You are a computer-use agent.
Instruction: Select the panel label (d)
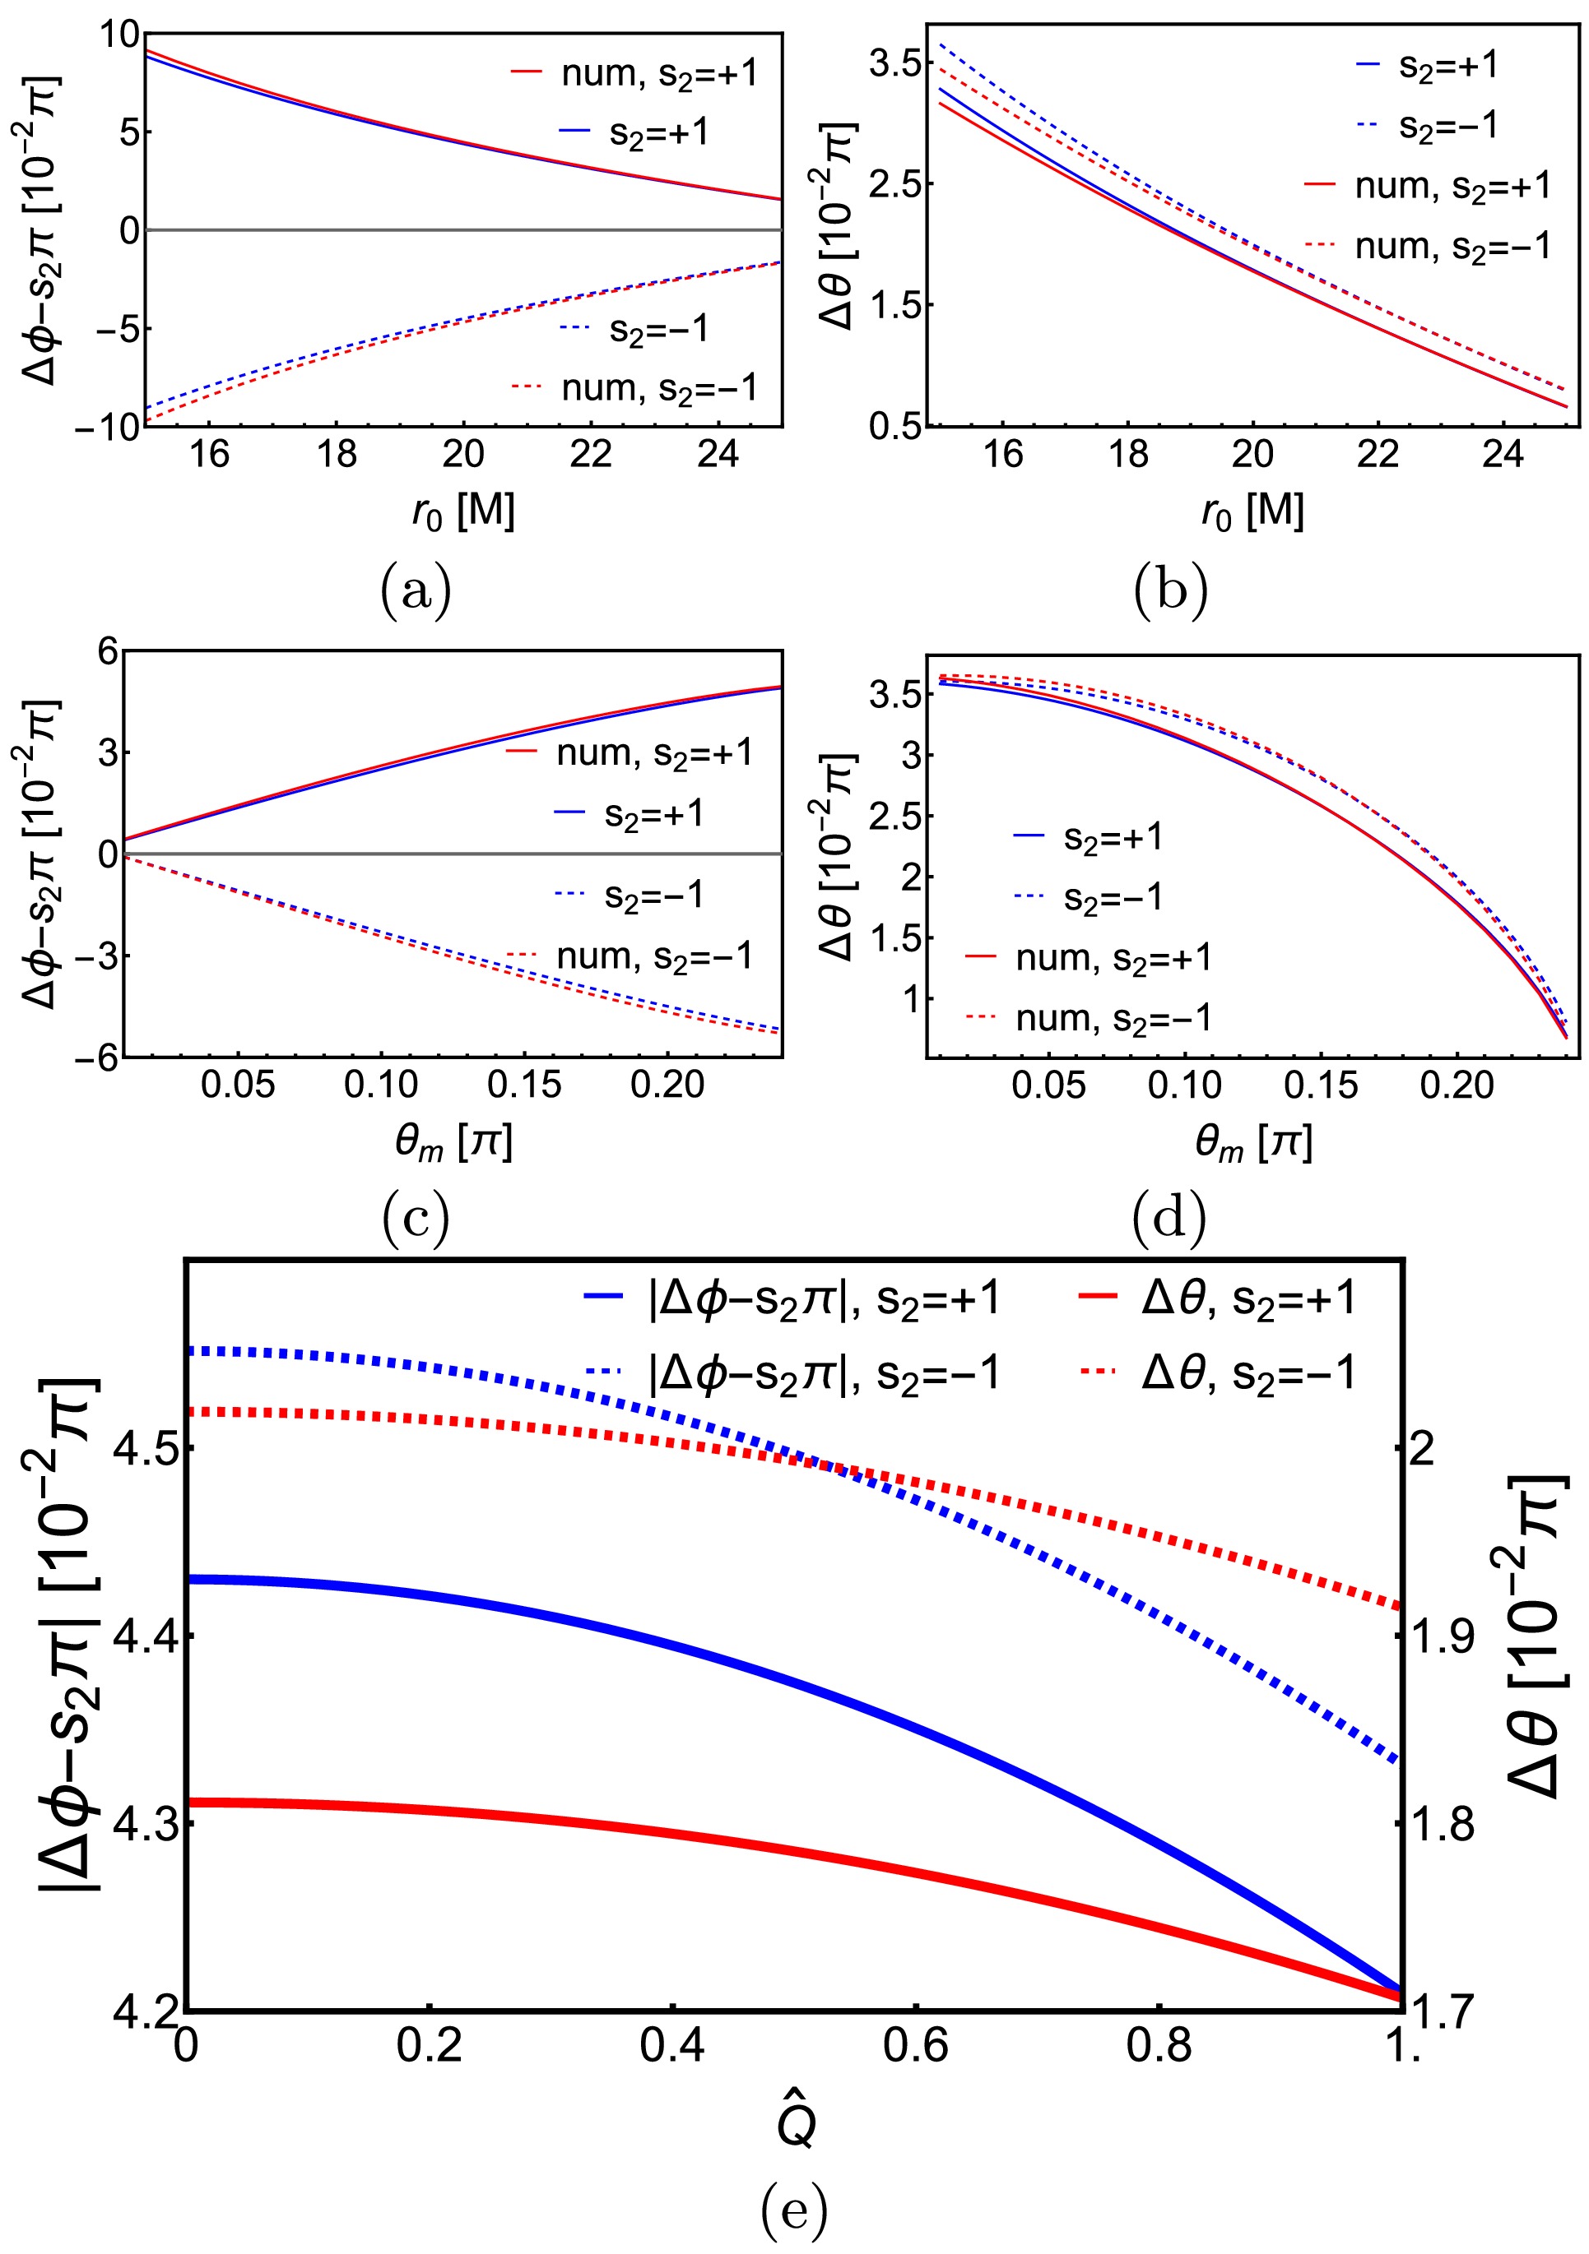click(1169, 1219)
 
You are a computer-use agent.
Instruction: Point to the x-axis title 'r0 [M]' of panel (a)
click(462, 511)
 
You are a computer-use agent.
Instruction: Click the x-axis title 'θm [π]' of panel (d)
click(1253, 1141)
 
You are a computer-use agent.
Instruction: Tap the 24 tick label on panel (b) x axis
click(1503, 454)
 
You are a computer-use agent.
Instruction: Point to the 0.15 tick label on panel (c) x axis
click(523, 1084)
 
